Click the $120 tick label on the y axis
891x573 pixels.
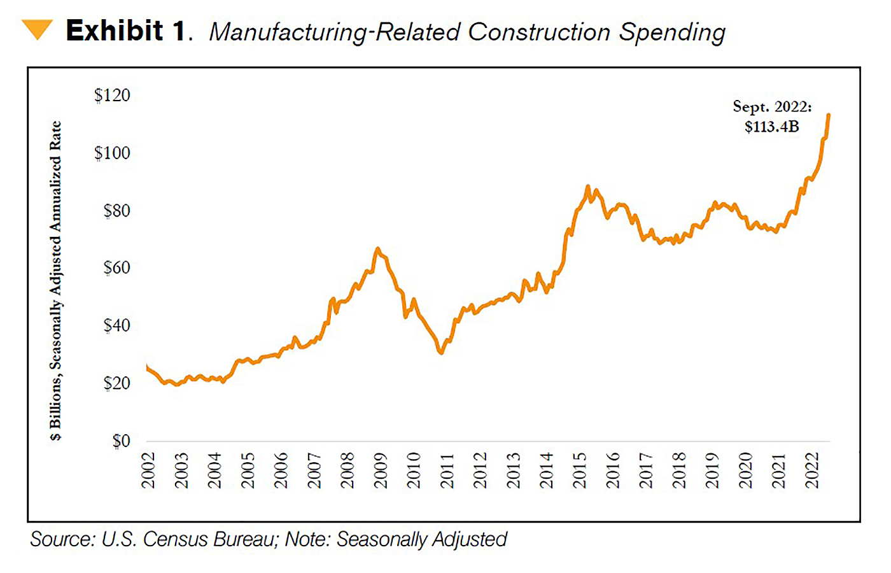[112, 95]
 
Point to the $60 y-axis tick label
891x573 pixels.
[116, 267]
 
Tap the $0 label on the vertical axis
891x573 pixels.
[121, 441]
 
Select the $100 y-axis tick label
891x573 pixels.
[112, 153]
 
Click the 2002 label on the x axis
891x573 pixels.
[148, 470]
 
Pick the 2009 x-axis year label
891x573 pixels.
[381, 470]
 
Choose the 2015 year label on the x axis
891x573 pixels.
[579, 470]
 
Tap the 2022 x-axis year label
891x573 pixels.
[812, 470]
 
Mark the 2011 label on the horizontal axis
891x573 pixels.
[447, 470]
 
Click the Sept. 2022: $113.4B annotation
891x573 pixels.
[772, 117]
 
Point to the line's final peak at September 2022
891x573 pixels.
[829, 115]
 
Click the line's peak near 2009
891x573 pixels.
[377, 249]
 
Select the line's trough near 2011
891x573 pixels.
[441, 352]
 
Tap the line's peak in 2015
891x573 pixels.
[587, 187]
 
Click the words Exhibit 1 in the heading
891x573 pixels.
[126, 31]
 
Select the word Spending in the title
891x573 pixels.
[672, 32]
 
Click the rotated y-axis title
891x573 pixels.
[56, 280]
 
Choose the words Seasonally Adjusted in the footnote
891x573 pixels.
[421, 539]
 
